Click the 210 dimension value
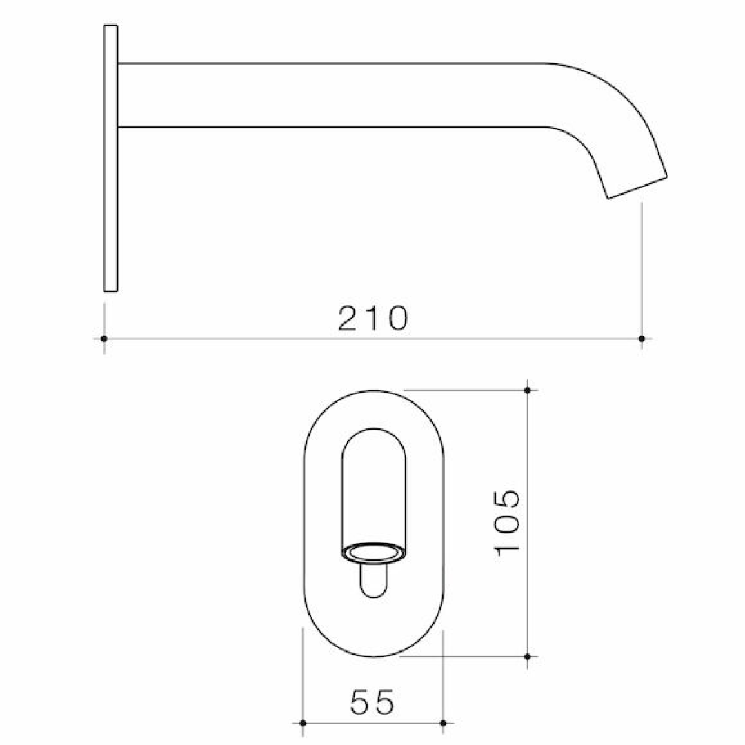click(373, 319)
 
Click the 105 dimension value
click(508, 522)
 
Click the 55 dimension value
click(372, 702)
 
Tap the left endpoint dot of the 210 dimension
click(103, 339)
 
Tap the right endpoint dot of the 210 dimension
click(642, 339)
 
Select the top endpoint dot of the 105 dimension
click(528, 390)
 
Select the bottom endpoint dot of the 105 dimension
click(528, 657)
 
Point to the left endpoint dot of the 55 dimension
click(303, 723)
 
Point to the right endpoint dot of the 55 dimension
click(443, 723)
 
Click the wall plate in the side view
click(110, 159)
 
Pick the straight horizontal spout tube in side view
click(331, 95)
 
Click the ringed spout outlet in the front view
click(374, 553)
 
